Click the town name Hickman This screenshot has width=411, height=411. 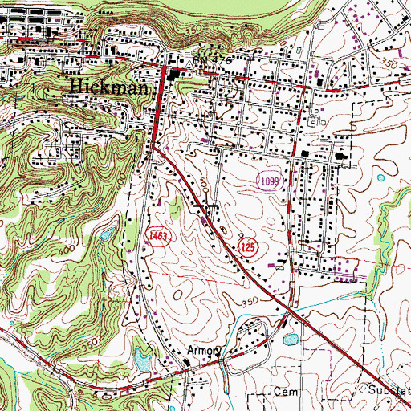pyautogui.click(x=108, y=85)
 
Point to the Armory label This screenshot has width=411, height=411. pyautogui.click(x=203, y=352)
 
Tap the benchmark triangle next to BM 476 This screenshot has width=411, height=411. pyautogui.click(x=185, y=60)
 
